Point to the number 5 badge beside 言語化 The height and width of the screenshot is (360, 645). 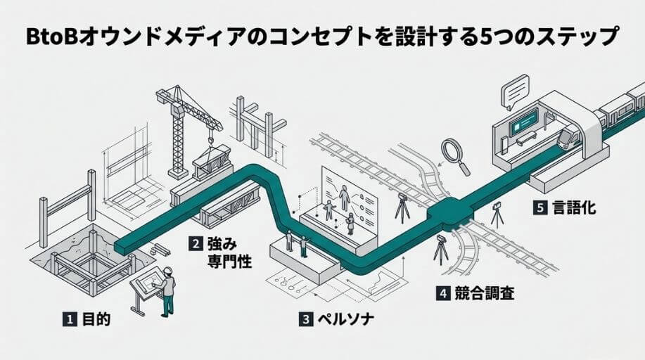click(539, 208)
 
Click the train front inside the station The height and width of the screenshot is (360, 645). click(568, 137)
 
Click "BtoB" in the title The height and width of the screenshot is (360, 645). click(49, 37)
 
